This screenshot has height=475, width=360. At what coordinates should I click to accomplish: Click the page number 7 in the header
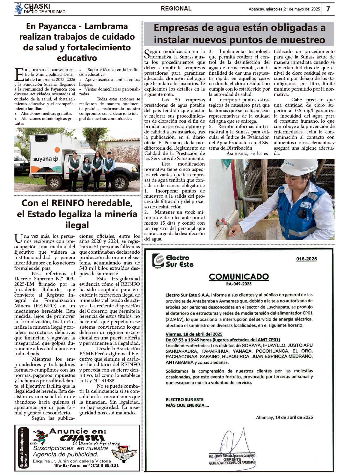(x=328, y=9)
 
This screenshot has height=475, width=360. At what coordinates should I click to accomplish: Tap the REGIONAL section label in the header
(x=176, y=9)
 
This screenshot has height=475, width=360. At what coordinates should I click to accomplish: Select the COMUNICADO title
(x=239, y=276)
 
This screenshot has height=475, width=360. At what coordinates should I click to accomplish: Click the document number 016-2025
(x=306, y=259)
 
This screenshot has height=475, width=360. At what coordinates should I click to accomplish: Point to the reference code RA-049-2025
(x=239, y=284)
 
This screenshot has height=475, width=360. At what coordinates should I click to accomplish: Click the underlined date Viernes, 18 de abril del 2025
(x=194, y=334)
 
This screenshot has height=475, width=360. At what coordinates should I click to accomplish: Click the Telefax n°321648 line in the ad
(x=86, y=465)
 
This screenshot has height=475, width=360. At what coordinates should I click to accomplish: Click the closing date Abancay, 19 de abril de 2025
(x=284, y=417)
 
